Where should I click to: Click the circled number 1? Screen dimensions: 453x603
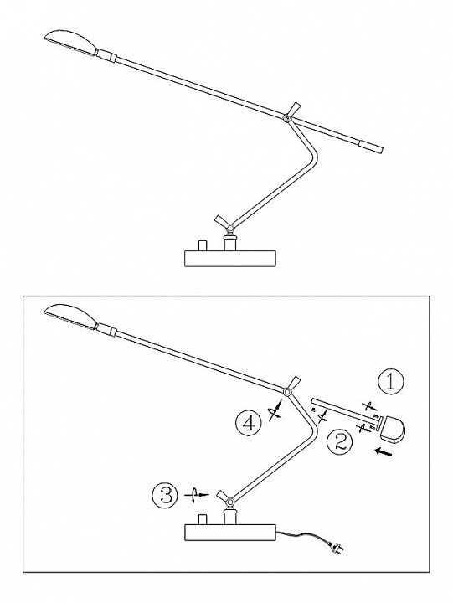pos(391,382)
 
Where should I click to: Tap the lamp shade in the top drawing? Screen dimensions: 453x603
pos(70,42)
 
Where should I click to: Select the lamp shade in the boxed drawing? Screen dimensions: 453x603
pos(70,316)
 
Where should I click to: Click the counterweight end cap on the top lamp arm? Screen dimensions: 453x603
pos(371,147)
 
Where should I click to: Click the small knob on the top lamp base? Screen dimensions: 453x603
pos(202,245)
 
